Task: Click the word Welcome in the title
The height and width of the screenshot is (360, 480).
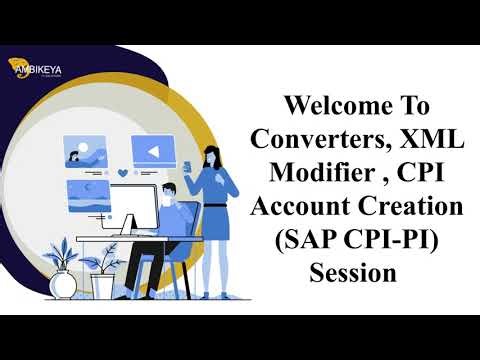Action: coord(332,105)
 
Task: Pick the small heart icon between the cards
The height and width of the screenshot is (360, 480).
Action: coord(121,173)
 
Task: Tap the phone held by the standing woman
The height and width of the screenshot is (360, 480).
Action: coord(186,163)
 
